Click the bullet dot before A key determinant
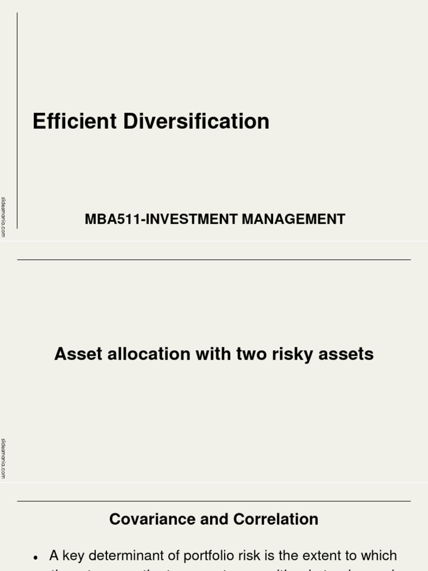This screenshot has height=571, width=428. (36, 557)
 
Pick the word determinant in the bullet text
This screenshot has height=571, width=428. (121, 555)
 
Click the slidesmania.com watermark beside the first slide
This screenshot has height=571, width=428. (3, 217)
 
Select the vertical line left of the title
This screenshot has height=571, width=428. (17, 120)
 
